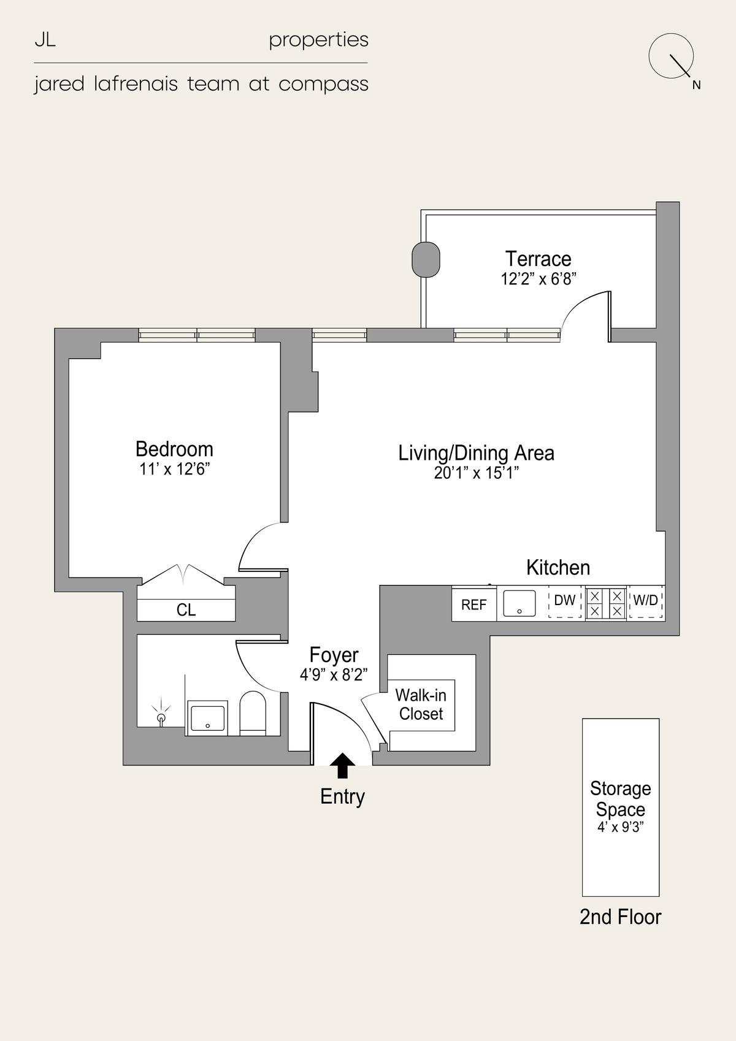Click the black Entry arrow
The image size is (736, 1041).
pos(342,765)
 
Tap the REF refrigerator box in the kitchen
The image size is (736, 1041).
pos(473,603)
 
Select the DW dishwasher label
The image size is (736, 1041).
pos(565,600)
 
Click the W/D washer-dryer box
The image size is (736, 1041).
pos(646,602)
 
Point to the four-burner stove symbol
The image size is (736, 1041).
pos(606,603)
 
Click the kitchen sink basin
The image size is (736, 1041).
pos(519,603)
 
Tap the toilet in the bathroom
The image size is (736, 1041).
pos(252,713)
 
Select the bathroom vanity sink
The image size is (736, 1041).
pos(207,718)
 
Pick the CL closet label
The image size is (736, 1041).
pos(186,610)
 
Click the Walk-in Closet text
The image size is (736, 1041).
pos(421,704)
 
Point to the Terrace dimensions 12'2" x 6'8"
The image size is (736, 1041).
pos(539,279)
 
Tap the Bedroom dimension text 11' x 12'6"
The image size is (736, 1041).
pos(175,470)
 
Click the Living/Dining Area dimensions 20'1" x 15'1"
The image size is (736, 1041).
pos(476,473)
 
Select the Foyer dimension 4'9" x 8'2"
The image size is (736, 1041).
pos(334,675)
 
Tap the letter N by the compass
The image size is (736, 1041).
pos(697,85)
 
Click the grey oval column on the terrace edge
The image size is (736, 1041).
pos(426,259)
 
